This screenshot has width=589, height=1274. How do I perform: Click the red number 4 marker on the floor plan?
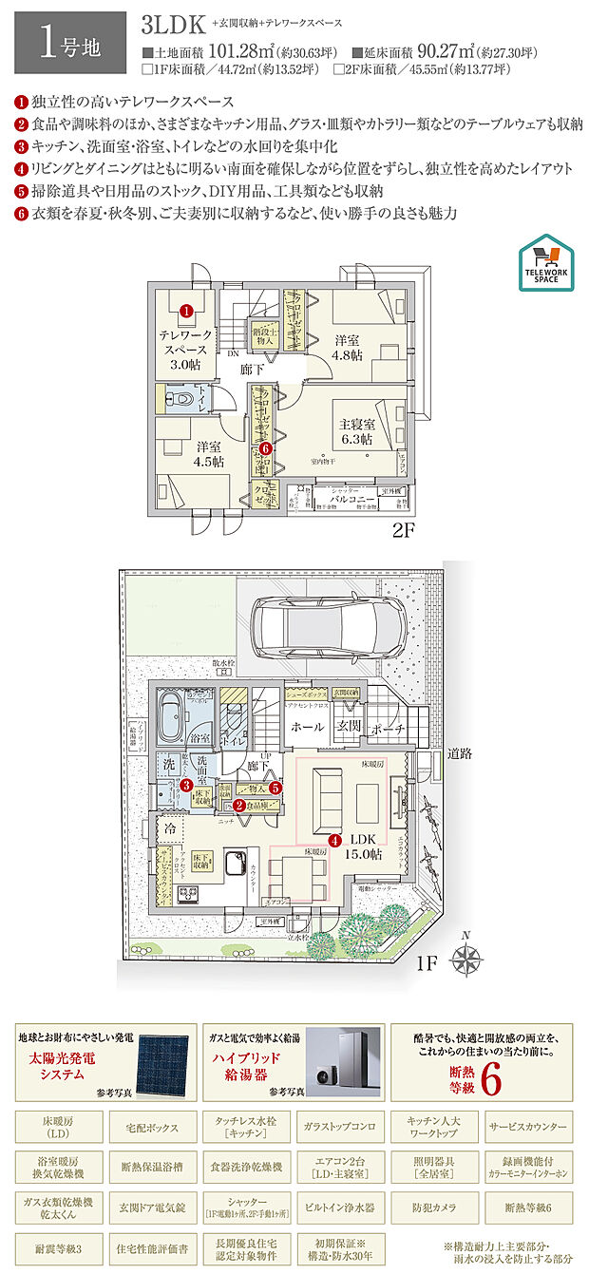click(x=333, y=840)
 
